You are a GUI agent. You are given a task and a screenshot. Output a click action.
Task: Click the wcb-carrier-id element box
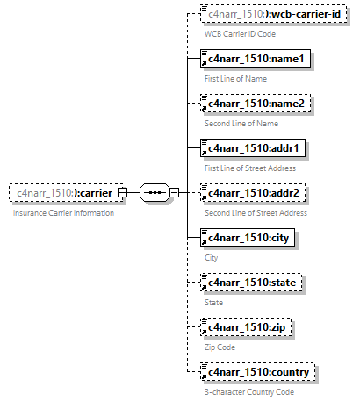click(270, 15)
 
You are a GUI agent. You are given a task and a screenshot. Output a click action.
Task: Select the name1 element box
click(254, 60)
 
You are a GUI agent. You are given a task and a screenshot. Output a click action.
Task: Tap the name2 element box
click(254, 104)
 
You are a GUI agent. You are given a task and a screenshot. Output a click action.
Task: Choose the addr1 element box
click(254, 149)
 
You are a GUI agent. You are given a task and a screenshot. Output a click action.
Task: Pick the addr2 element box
click(254, 194)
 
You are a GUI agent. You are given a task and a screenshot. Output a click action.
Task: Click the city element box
click(248, 239)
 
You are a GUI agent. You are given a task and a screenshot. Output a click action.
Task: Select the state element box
click(252, 283)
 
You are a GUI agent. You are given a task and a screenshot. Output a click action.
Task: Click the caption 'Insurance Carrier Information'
click(63, 213)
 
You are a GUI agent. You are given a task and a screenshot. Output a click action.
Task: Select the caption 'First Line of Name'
click(235, 79)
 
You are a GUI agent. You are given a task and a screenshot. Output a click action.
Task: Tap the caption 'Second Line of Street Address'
click(256, 213)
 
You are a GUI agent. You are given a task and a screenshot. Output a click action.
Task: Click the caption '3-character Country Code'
click(248, 392)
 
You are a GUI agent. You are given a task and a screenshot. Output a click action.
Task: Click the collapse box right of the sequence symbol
click(174, 193)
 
